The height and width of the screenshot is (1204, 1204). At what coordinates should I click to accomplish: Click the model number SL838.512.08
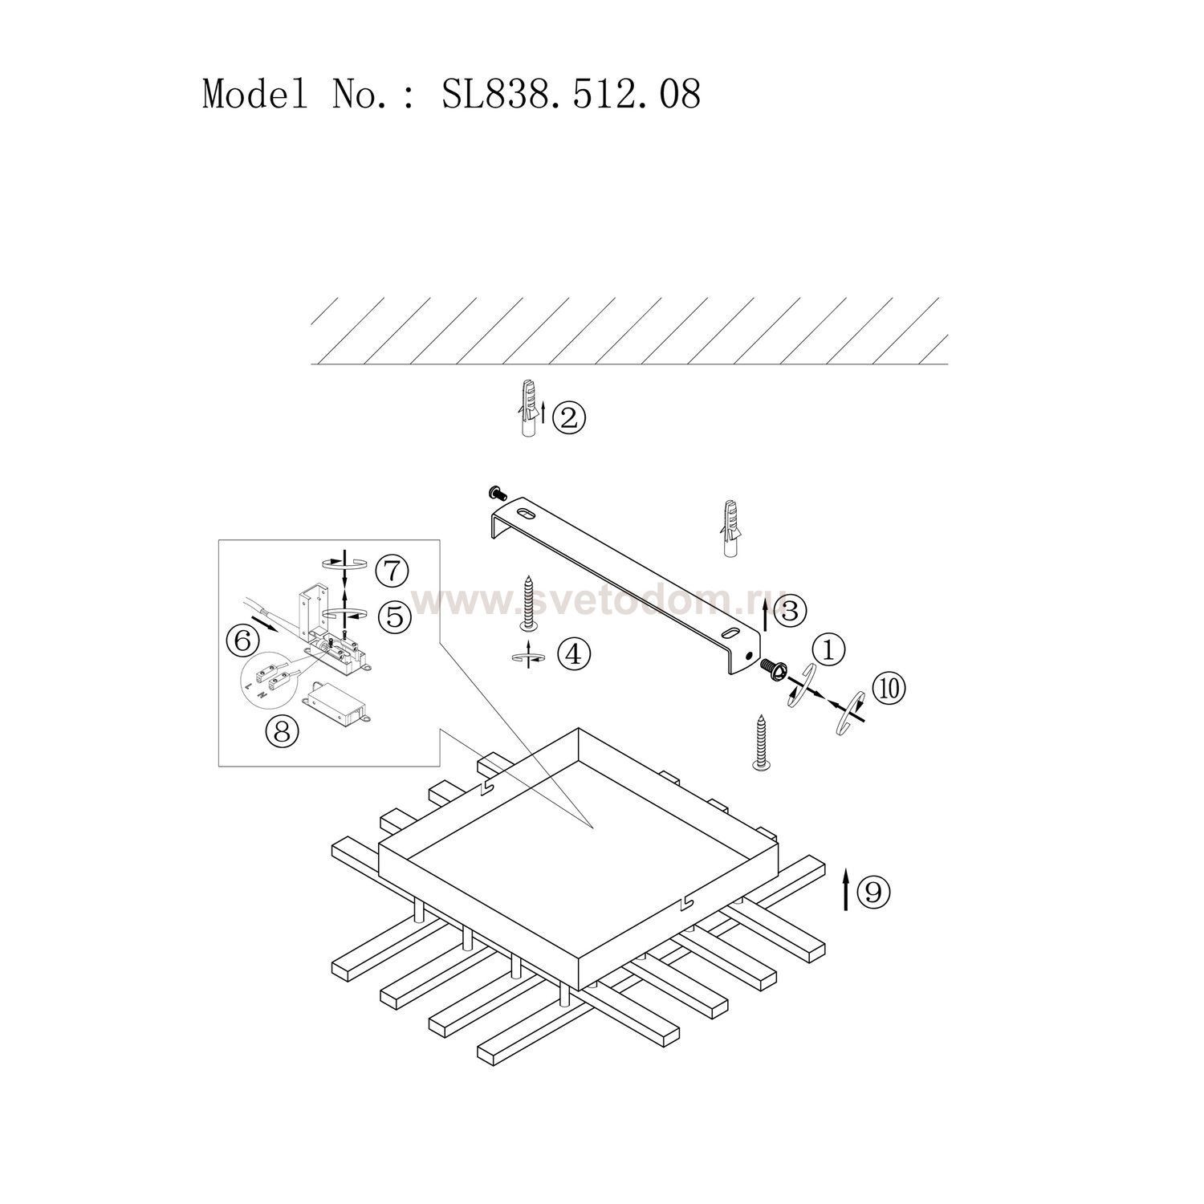click(x=571, y=94)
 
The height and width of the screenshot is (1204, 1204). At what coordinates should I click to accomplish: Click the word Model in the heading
click(x=254, y=94)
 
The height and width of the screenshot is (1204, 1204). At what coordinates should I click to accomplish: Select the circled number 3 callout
click(x=791, y=612)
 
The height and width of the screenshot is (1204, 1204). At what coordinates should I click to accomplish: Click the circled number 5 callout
click(x=394, y=616)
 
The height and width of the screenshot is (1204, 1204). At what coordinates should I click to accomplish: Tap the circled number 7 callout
click(x=392, y=572)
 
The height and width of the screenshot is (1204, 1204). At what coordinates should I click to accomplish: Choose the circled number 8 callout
click(x=282, y=730)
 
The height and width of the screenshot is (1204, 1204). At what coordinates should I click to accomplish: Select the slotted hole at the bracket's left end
click(x=526, y=513)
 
